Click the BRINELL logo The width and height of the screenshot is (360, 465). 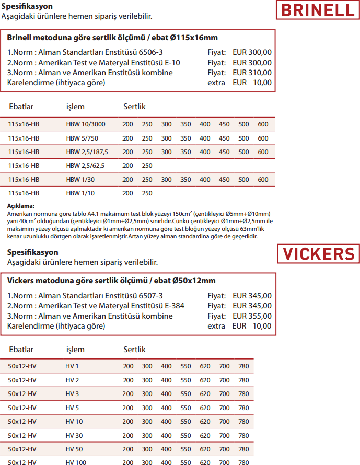point(317,10)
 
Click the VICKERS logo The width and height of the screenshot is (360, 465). point(318,254)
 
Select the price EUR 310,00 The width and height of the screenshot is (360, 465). point(252,73)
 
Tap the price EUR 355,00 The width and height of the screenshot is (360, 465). point(252,316)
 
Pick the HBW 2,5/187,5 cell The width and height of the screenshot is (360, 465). point(87,152)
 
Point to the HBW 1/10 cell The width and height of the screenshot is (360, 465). point(80,193)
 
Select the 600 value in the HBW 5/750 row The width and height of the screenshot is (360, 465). point(263,138)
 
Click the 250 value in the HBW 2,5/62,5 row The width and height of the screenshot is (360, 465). point(147,166)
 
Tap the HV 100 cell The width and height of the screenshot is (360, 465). point(76,462)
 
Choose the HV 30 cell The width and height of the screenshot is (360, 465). point(74,435)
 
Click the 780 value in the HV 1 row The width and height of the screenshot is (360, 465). point(243,366)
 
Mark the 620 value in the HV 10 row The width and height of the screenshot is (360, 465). point(205,422)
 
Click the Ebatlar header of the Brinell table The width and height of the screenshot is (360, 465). point(21,107)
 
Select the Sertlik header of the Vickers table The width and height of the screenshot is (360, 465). point(134,350)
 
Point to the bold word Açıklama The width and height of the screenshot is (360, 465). point(21,206)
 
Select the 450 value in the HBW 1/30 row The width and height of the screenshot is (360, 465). point(224,179)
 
